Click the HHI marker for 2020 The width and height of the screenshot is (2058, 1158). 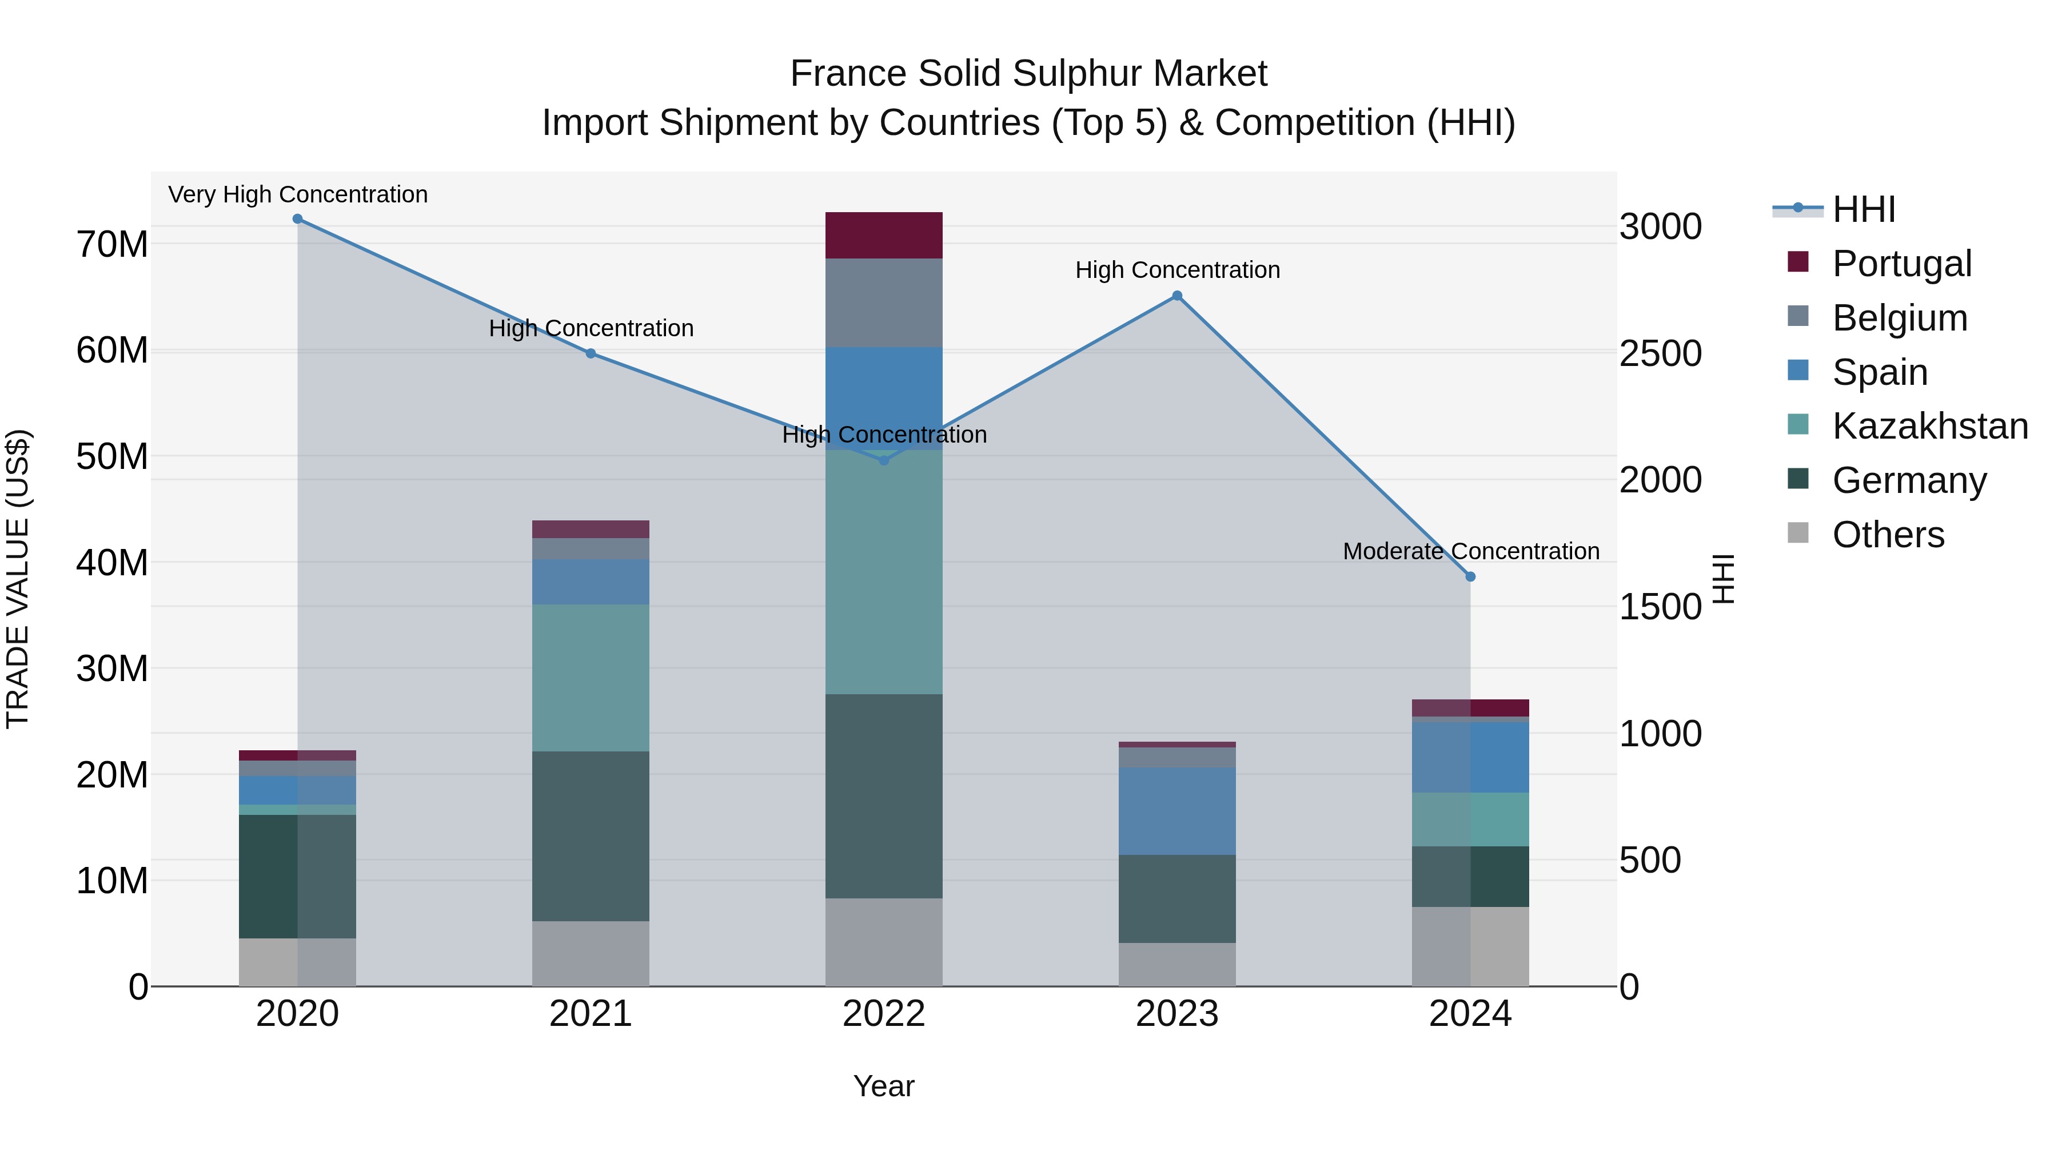(297, 219)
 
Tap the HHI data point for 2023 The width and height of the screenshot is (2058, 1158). (1177, 296)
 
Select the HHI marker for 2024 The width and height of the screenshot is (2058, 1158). (1470, 576)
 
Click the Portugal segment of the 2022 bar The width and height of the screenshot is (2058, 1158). (884, 235)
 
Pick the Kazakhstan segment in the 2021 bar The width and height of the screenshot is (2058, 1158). (591, 678)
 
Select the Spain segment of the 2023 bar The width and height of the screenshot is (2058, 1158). (1177, 810)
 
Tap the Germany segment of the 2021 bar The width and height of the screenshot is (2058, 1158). (591, 836)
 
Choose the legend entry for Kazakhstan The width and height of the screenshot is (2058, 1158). (1929, 426)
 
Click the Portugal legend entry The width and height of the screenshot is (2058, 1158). (1901, 264)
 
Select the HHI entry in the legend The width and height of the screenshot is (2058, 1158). (1863, 209)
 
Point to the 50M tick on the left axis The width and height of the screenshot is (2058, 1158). (112, 457)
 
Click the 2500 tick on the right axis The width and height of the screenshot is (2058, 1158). (1660, 354)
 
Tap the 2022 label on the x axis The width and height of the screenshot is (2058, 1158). (884, 1014)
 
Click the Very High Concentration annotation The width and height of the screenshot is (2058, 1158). (298, 194)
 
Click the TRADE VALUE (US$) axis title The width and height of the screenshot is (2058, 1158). (18, 579)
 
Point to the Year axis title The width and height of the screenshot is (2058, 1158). (884, 1086)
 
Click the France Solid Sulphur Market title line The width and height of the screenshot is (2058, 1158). (1028, 74)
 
